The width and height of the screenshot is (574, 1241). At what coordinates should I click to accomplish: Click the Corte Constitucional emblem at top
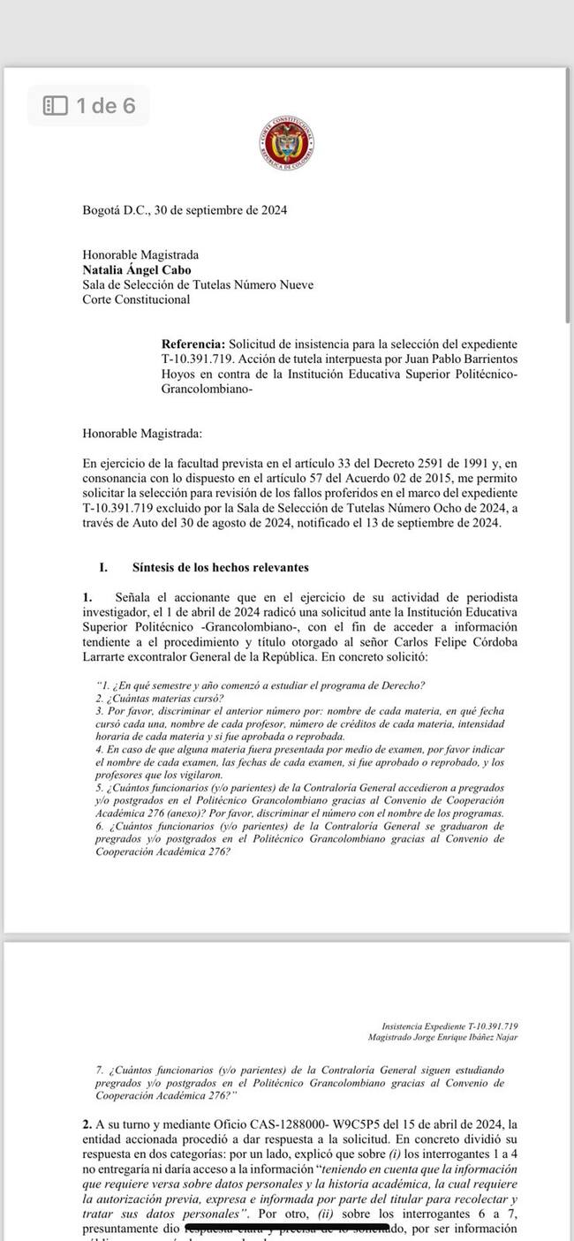287,143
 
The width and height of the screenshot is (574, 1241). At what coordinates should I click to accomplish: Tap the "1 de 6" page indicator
105,106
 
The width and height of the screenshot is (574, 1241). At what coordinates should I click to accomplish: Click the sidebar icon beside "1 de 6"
56,106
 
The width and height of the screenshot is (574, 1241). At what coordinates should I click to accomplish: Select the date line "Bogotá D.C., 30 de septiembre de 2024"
184,210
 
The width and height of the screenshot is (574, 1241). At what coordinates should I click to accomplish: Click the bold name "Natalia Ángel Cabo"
136,269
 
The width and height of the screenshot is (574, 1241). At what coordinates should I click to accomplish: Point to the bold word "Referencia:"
193,343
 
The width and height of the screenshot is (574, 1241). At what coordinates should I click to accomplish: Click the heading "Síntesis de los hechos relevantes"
220,567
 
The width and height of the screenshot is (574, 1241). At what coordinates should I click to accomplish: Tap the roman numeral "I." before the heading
104,567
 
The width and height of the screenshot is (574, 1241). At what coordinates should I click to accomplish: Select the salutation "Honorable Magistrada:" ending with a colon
141,433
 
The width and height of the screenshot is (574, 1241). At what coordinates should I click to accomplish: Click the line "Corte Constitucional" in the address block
135,299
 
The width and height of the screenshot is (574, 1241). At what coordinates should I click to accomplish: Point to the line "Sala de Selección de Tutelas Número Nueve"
197,284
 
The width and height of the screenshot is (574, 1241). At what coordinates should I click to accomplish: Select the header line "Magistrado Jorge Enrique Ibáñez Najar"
449,1037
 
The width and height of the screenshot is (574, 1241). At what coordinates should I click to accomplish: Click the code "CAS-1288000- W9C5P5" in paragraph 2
272,1124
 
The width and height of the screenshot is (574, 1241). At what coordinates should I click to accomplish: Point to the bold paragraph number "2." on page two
87,1124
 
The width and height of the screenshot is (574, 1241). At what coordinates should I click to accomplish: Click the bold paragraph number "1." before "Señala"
87,598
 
